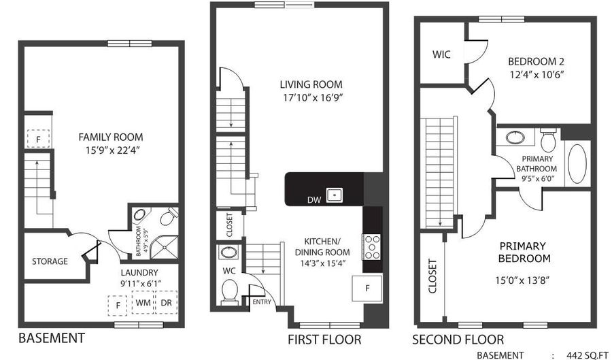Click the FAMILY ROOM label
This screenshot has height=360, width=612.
click(x=111, y=137)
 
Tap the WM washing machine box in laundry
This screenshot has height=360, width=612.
click(x=143, y=302)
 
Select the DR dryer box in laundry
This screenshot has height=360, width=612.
click(x=167, y=302)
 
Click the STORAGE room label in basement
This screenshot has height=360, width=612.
click(x=50, y=261)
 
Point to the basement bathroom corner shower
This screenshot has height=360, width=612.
click(x=165, y=247)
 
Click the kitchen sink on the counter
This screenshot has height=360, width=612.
click(x=335, y=195)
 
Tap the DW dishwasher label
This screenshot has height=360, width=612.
click(x=314, y=200)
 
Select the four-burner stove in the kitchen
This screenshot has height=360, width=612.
click(x=371, y=247)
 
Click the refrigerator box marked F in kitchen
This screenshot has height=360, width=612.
click(x=367, y=289)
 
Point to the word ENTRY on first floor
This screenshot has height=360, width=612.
click(x=262, y=302)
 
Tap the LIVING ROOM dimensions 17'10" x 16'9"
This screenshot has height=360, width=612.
click(x=313, y=97)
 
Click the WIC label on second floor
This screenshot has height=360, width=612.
click(x=441, y=54)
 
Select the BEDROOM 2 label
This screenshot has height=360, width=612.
click(x=537, y=61)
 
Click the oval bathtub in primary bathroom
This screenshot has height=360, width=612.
click(x=577, y=164)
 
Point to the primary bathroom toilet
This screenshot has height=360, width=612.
click(x=549, y=139)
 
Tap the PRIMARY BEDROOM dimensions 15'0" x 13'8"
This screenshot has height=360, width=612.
click(x=523, y=280)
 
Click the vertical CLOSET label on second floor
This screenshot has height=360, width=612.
click(x=432, y=276)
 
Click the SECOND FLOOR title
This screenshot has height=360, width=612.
click(x=458, y=340)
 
